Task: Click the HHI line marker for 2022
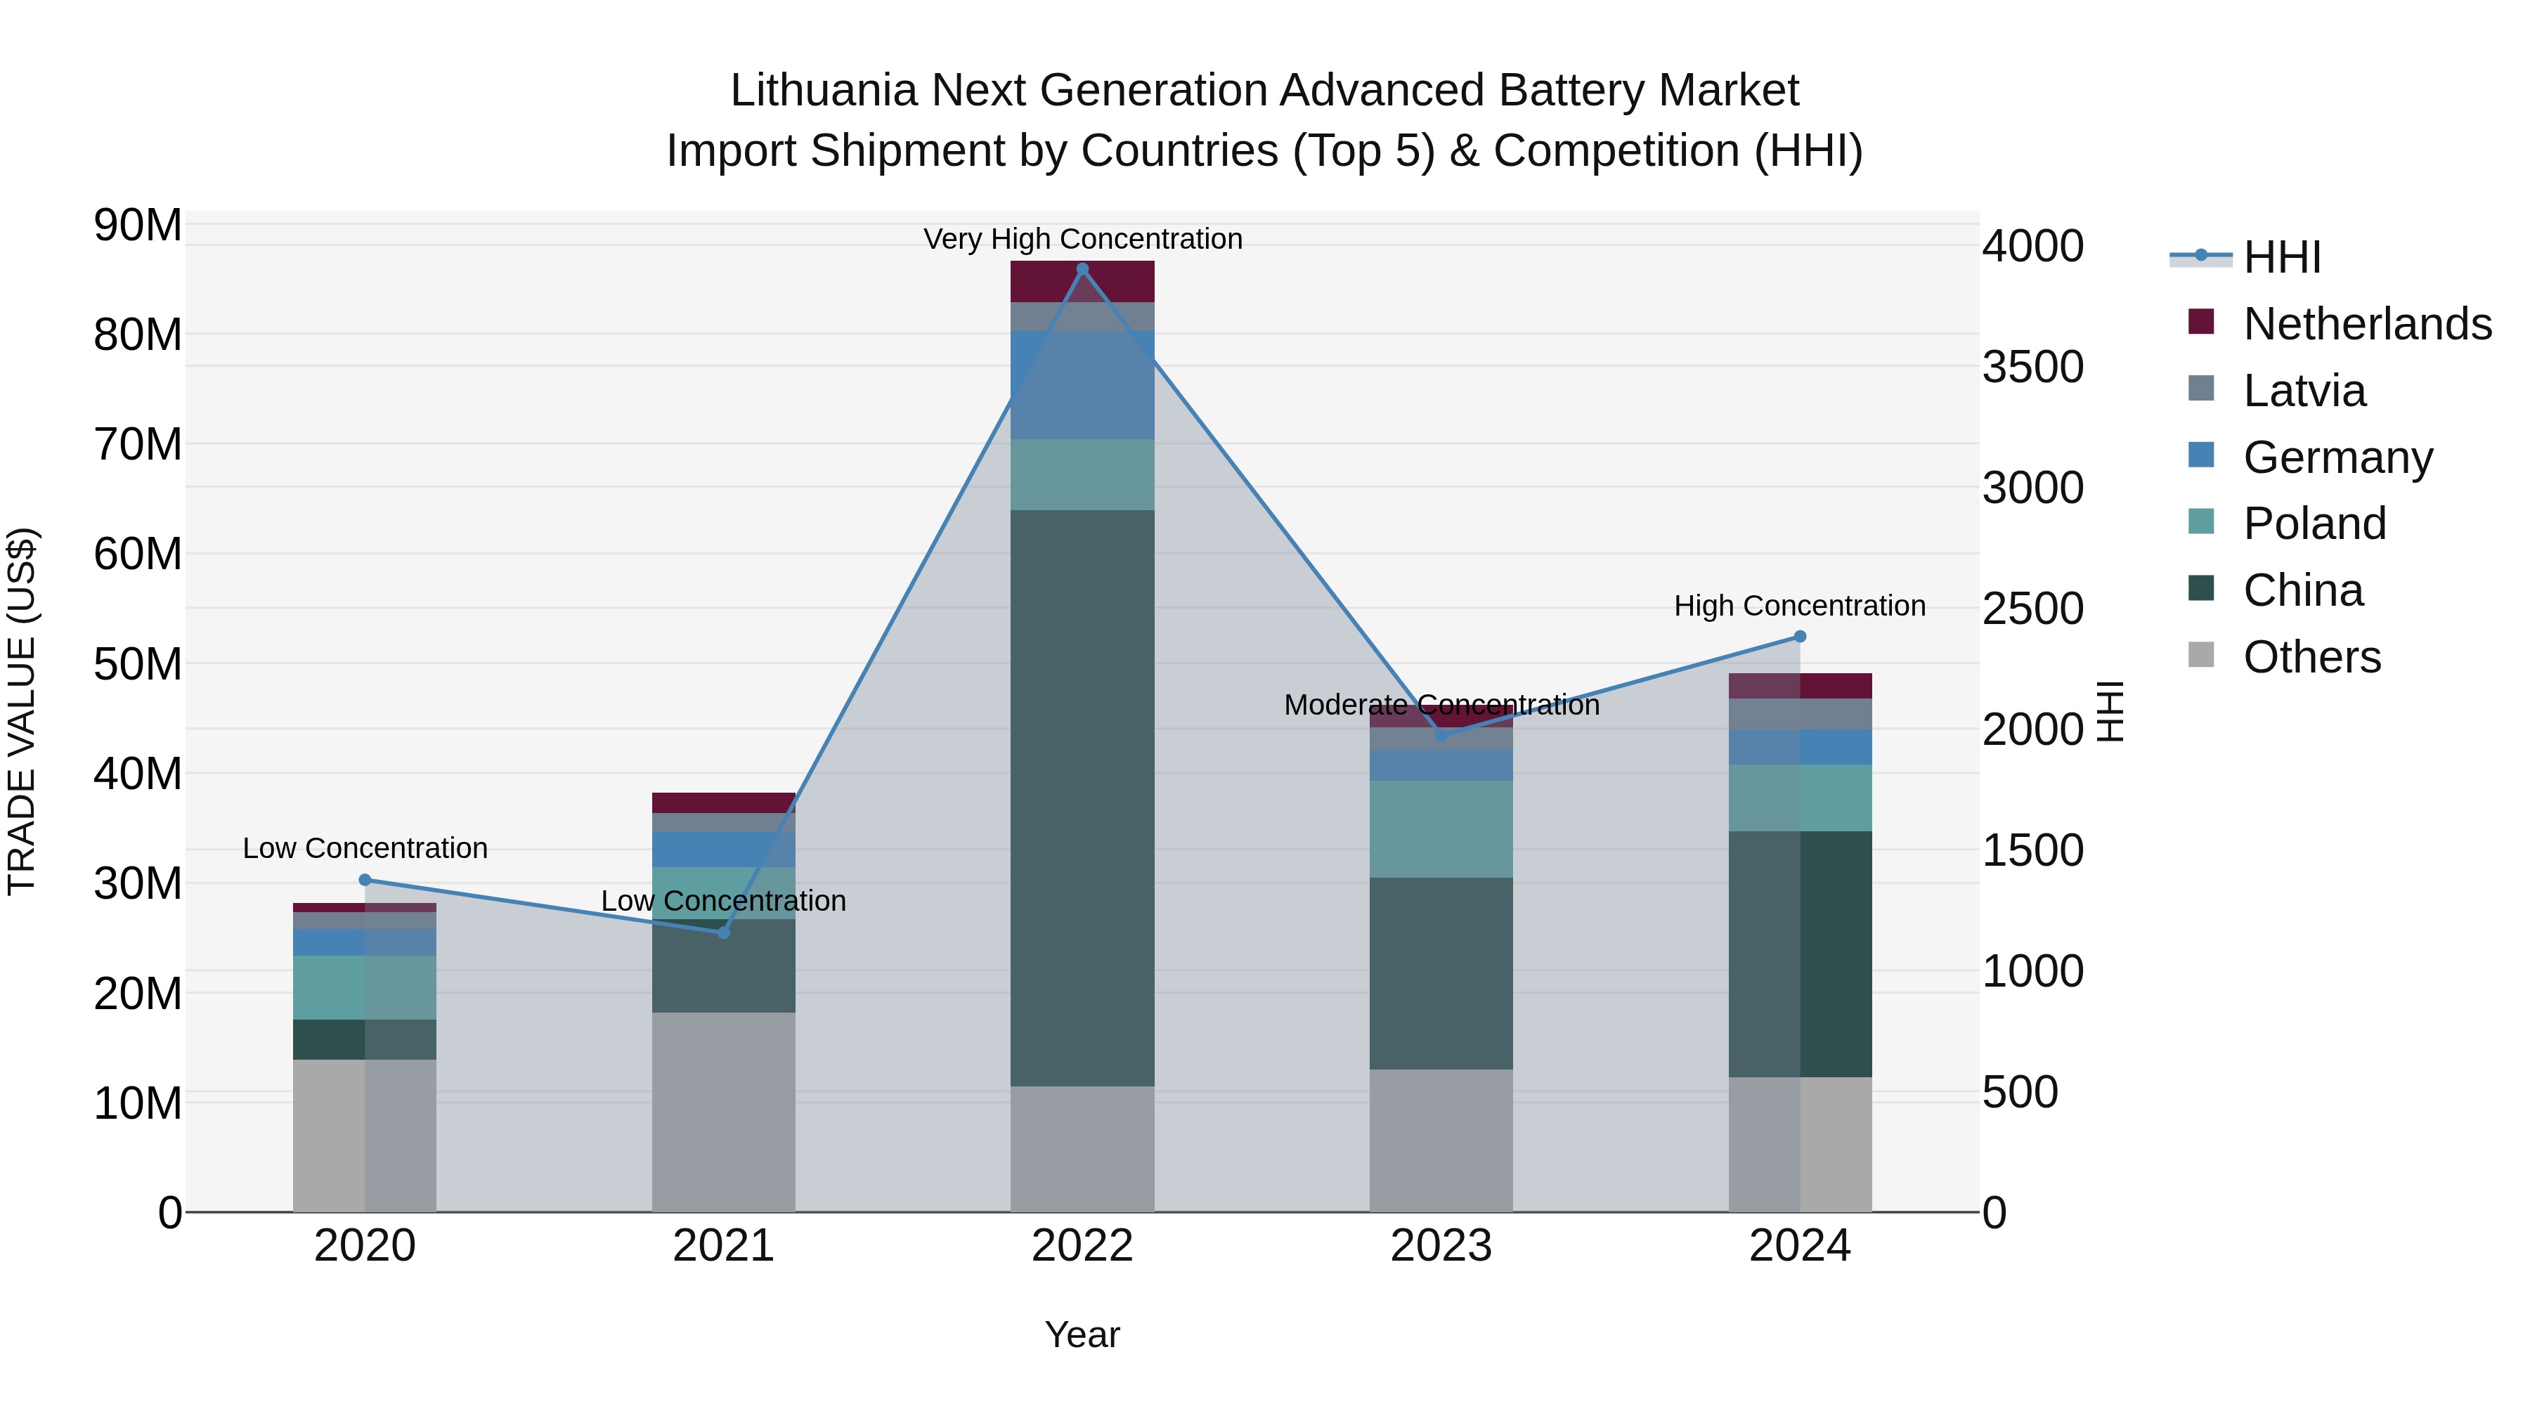1082,269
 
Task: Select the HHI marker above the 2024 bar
1799,637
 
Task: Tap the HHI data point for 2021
724,932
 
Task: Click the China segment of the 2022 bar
1082,798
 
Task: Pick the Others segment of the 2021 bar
724,1112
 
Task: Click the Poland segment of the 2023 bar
1441,829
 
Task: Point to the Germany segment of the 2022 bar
1082,385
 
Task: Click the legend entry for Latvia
2304,391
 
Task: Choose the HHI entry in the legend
2281,257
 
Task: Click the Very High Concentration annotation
1082,240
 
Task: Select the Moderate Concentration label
1441,705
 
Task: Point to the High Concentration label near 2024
1799,606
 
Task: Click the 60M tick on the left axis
138,554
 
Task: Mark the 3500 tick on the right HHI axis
2032,368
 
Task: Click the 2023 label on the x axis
1441,1246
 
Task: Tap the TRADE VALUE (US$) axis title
22,711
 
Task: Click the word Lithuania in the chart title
823,91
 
